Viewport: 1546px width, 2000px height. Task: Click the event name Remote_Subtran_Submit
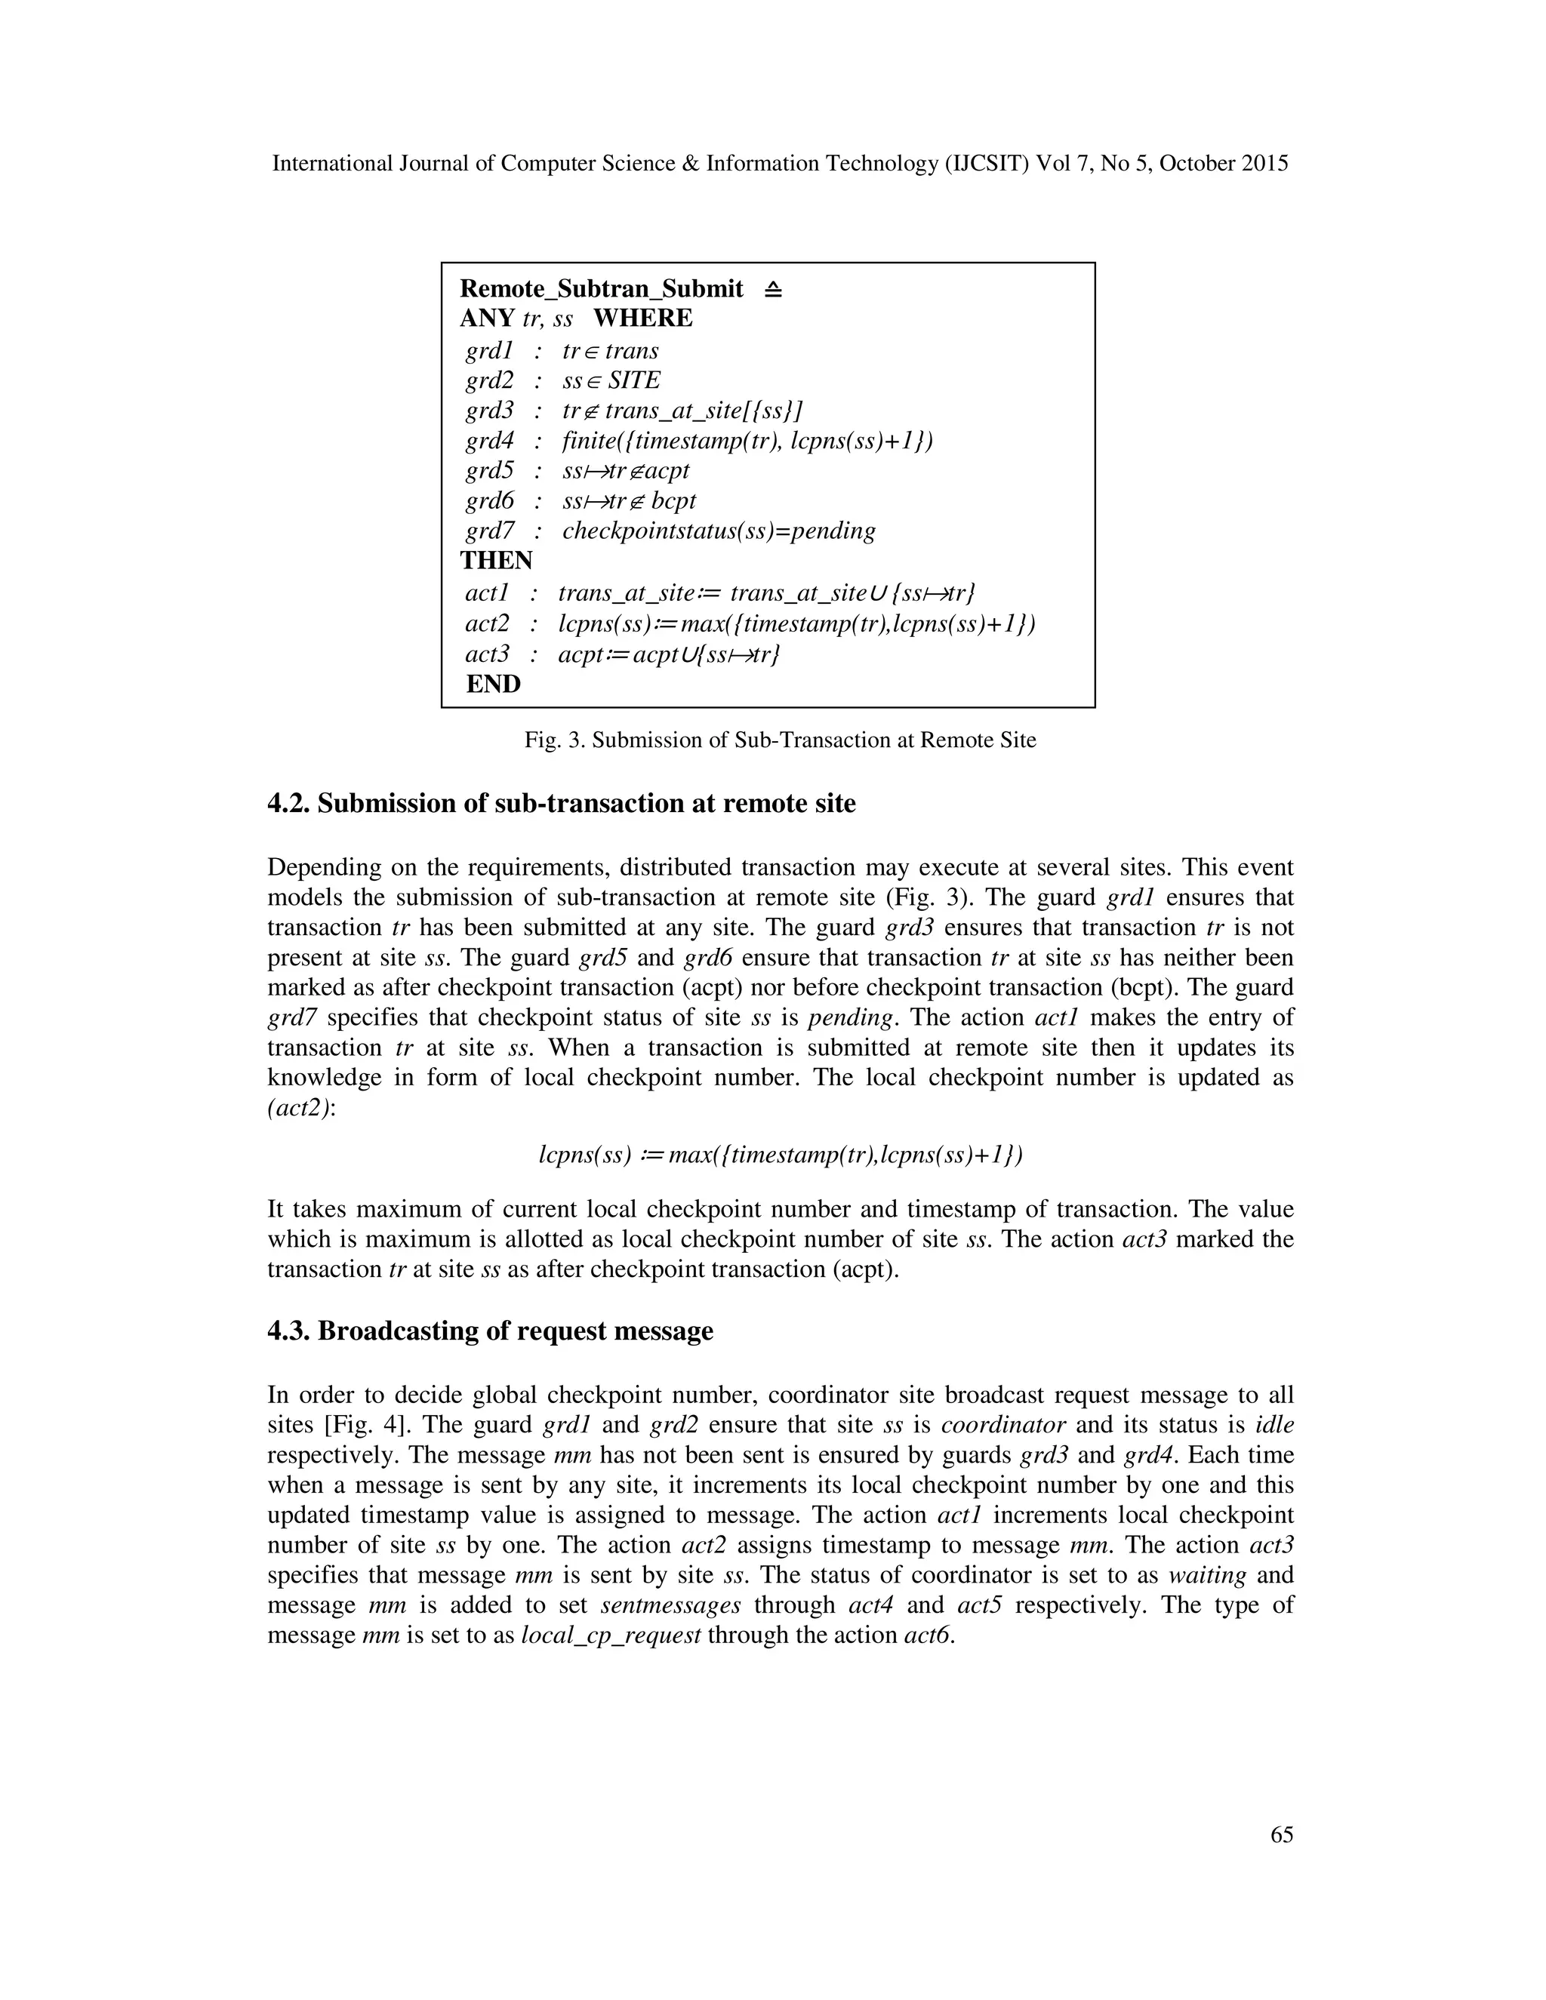[601, 288]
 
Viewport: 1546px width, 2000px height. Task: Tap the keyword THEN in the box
[495, 561]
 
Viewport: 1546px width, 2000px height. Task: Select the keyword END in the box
[493, 684]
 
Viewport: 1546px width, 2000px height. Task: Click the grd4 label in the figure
[489, 441]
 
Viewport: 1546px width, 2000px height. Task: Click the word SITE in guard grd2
[634, 380]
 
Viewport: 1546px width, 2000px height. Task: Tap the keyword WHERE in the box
[643, 318]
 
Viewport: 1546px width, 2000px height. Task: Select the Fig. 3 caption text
[779, 740]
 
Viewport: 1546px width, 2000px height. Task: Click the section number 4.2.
[288, 804]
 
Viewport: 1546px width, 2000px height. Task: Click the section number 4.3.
[288, 1331]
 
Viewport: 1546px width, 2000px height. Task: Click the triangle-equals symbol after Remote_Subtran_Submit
[773, 289]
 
